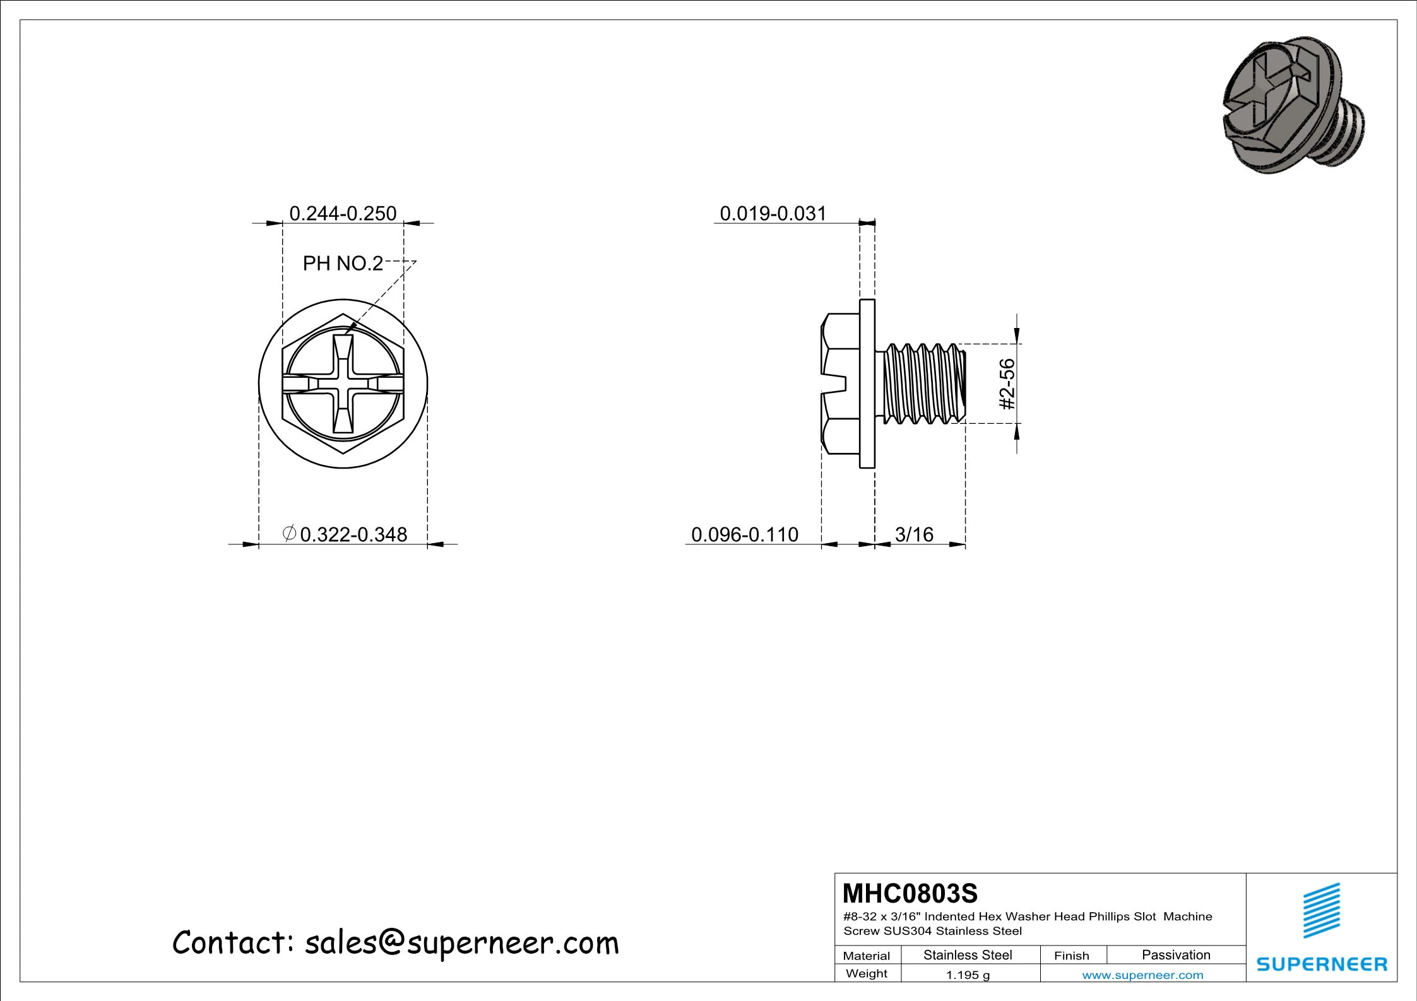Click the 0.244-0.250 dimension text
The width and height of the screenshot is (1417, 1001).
(x=343, y=214)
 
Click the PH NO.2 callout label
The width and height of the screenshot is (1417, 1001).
(x=343, y=263)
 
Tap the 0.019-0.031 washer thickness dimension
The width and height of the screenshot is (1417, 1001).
(x=773, y=214)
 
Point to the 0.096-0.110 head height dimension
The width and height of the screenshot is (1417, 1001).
(x=745, y=534)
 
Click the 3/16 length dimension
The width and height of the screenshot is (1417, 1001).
(x=914, y=534)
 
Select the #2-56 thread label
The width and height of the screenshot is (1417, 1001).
(x=1008, y=383)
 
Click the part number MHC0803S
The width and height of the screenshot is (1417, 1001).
(x=910, y=893)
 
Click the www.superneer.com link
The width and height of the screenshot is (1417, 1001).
(x=1142, y=975)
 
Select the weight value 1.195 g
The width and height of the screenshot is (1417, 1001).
(x=968, y=975)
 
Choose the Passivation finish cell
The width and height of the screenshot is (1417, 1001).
(x=1176, y=955)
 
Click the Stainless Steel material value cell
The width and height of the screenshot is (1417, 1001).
(x=968, y=955)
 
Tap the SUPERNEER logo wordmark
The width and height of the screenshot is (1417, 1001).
(x=1322, y=964)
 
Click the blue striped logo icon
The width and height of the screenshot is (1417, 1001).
(x=1322, y=911)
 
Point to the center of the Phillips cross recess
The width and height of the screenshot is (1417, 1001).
(x=343, y=383)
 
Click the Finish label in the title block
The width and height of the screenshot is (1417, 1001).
(x=1071, y=956)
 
